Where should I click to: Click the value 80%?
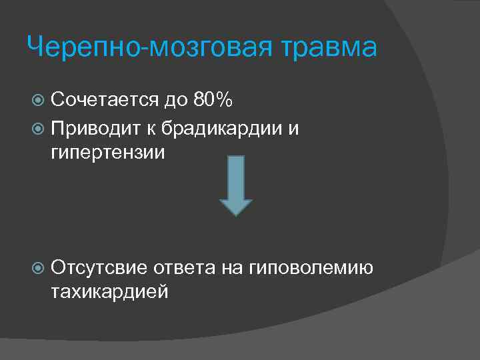click(x=213, y=100)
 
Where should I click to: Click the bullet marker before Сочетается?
click(x=39, y=101)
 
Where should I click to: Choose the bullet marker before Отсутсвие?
click(x=39, y=268)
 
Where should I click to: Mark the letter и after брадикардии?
click(x=293, y=127)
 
